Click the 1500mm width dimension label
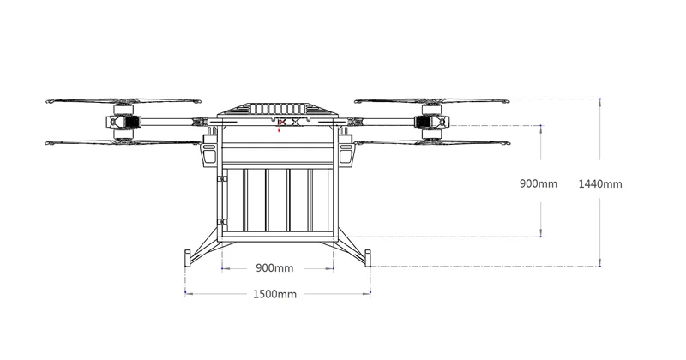coord(274,295)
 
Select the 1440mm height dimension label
coord(600,183)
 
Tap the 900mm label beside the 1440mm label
coord(539,183)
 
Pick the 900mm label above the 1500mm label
coord(274,268)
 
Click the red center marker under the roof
coord(281,123)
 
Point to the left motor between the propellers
coord(123,123)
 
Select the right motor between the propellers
coord(431,123)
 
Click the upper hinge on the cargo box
coord(221,179)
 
